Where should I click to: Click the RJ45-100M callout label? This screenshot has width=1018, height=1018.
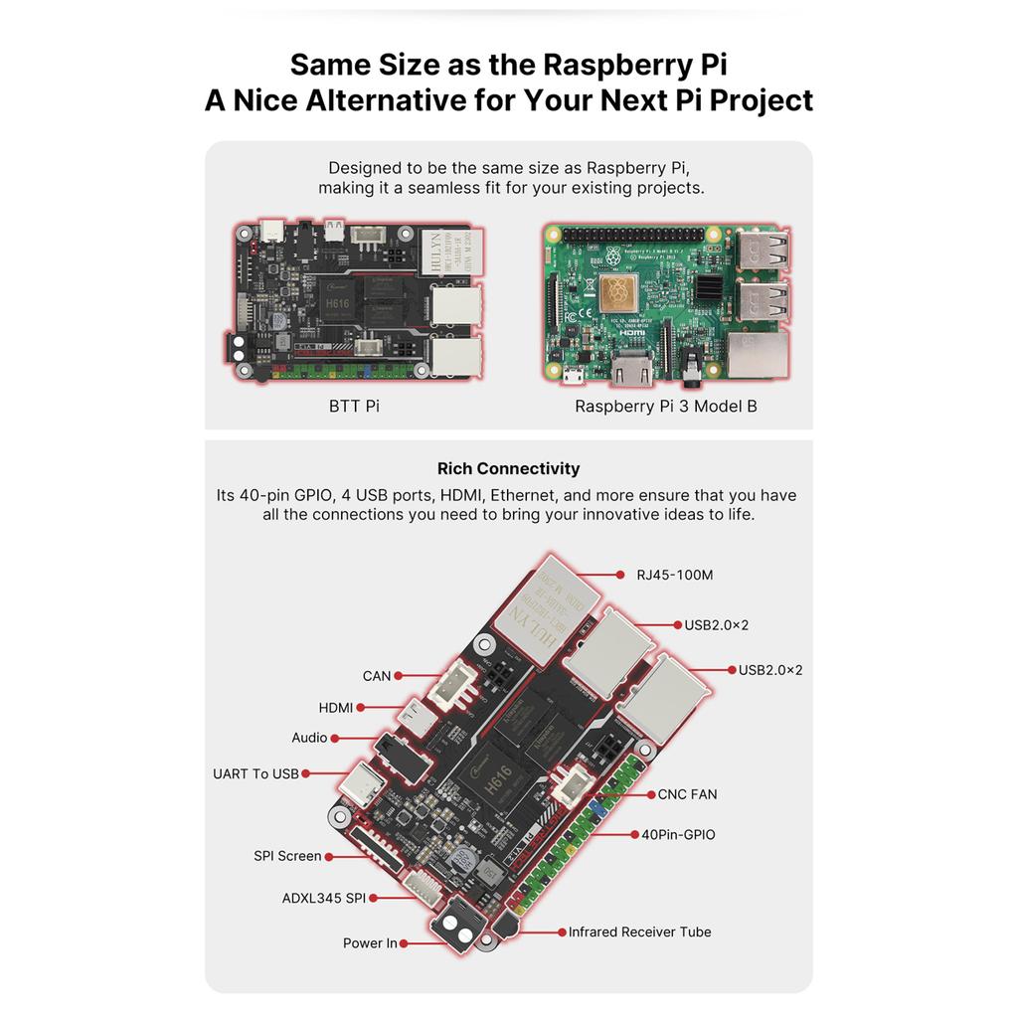tap(675, 574)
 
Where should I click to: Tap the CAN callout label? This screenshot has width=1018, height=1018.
tap(377, 676)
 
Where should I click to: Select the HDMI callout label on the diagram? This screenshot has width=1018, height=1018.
tap(336, 708)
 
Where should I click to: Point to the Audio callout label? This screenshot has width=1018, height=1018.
tap(309, 738)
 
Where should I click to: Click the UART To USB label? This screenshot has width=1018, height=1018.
tap(255, 773)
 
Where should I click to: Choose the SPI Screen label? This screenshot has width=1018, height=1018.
tap(287, 856)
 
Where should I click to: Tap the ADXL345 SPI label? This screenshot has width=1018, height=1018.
tap(324, 898)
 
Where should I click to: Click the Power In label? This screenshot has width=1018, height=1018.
tap(370, 942)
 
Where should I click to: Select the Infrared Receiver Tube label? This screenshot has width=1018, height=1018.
tap(639, 932)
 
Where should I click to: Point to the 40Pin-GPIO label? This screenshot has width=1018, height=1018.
tap(678, 834)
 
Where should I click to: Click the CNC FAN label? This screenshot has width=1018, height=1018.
tap(687, 794)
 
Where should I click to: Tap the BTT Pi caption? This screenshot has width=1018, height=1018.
tap(354, 406)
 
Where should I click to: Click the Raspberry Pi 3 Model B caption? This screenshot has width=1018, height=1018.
tap(665, 406)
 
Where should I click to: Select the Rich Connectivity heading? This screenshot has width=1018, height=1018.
tap(508, 468)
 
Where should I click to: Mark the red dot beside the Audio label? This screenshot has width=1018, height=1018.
tap(335, 738)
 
